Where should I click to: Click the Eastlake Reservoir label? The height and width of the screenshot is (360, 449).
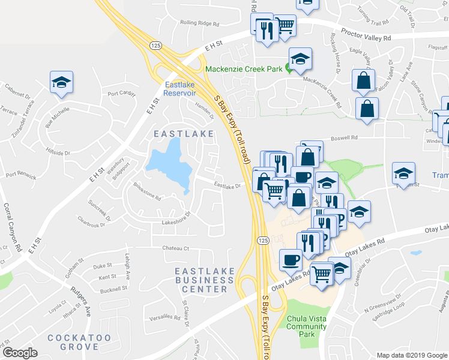[x=180, y=89]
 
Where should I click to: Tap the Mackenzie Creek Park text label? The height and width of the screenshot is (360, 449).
[x=244, y=69]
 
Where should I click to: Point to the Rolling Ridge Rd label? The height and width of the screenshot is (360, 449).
[x=200, y=23]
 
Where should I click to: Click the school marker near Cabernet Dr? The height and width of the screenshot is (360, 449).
[x=61, y=82]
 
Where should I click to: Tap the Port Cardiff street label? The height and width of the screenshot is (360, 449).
[x=121, y=94]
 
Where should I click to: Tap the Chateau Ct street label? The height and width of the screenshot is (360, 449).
[x=175, y=248]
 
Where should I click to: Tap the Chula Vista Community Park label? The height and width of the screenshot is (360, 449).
[x=306, y=326]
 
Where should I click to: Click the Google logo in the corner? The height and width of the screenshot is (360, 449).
[x=20, y=353]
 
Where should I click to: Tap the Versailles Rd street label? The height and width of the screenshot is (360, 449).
[x=164, y=316]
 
